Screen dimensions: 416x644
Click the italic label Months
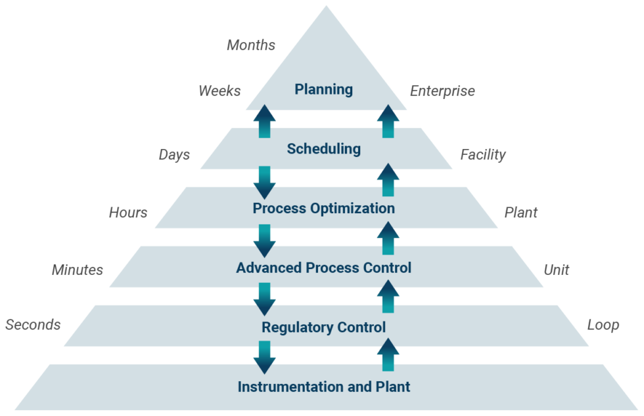coord(251,45)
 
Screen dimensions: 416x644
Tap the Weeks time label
coord(219,91)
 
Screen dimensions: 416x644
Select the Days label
coord(174,155)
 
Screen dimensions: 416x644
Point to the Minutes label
coord(78,270)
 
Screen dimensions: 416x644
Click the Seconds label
coord(33,325)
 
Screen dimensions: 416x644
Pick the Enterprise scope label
coord(442,91)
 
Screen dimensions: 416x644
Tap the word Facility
coord(482,155)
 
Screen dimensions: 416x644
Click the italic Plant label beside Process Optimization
coord(520,213)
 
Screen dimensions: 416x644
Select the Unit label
coord(556,270)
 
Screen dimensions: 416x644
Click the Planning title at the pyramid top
coord(323,89)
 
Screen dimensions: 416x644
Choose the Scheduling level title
coord(323,149)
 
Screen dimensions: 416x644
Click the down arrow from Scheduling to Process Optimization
coord(264,182)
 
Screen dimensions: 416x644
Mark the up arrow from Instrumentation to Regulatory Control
coord(388,355)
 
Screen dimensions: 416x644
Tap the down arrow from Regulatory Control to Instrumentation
coord(264,357)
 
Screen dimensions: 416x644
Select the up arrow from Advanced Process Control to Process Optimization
coord(388,238)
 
